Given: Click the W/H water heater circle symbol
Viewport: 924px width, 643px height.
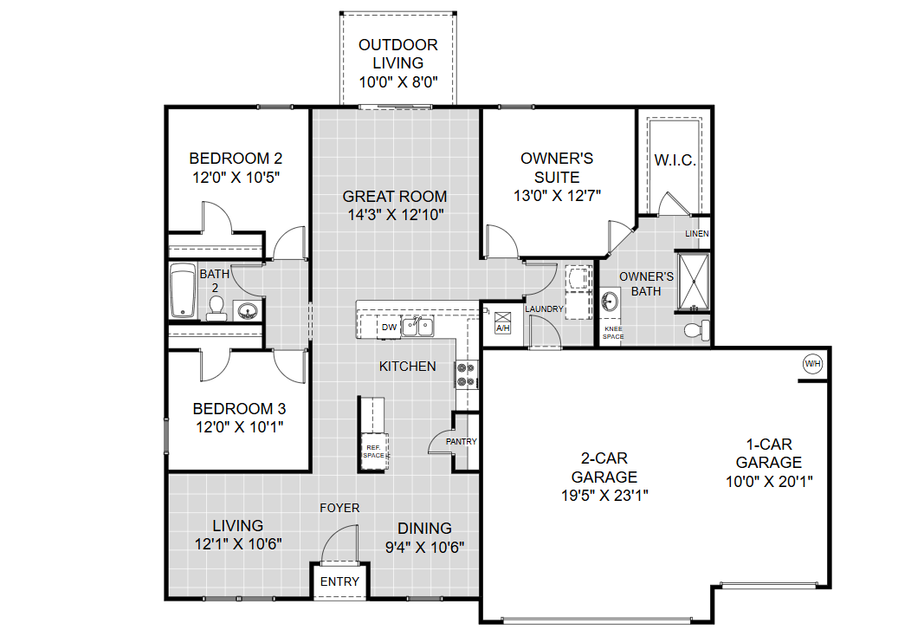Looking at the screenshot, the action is coord(812,363).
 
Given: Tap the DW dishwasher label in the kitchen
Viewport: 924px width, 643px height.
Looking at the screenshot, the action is coord(389,328).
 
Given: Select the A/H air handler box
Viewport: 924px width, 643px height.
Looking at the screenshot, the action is coord(502,322).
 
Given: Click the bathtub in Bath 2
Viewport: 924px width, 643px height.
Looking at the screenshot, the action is coord(183,290).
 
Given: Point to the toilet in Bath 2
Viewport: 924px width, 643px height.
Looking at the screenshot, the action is coord(216,308).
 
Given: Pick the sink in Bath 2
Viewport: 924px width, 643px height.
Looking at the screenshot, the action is coord(247,310).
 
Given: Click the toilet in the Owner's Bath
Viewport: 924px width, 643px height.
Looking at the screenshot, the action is coord(697,329).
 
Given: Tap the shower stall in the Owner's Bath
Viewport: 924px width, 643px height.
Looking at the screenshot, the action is coord(694,282).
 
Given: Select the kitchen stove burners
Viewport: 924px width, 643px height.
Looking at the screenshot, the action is coord(466,374).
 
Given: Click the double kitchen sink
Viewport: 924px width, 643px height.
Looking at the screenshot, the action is coord(417,326).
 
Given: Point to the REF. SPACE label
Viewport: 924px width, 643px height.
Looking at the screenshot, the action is coord(373,451).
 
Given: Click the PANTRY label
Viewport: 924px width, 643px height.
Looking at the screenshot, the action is coord(462,441).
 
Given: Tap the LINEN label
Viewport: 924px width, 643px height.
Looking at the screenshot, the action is coord(696,234).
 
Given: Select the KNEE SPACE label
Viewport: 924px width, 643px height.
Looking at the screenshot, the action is coord(613,333).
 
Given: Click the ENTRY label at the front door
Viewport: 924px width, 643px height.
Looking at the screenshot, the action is coord(339,581).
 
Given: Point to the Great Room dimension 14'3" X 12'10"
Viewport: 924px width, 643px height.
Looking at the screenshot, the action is coord(396,215).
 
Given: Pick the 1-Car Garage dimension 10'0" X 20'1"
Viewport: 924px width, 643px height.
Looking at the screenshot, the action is coord(769,481).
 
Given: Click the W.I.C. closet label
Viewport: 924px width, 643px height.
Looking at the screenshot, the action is coord(675,159).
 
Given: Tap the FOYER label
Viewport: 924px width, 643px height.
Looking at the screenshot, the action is coord(339,508).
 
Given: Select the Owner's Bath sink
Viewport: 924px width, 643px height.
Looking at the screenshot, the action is coord(610,302).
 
